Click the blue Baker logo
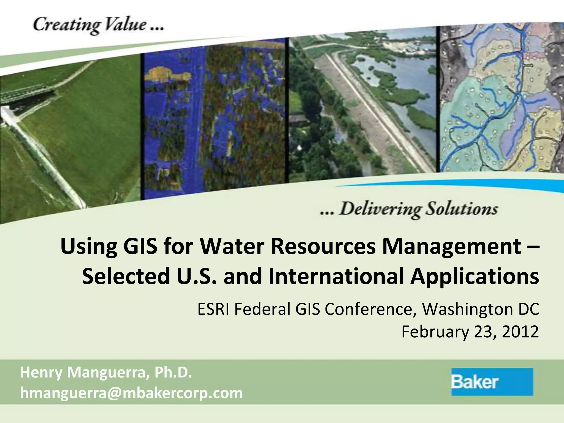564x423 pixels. coord(492,382)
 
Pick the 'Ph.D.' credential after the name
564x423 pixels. coord(173,373)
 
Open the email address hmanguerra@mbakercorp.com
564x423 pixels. coord(131,393)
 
